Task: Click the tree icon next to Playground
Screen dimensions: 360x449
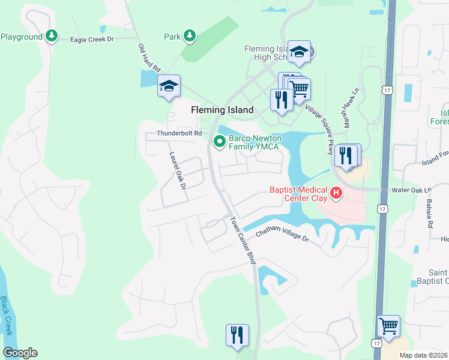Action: click(x=52, y=37)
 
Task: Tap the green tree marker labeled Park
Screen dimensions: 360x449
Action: click(x=190, y=37)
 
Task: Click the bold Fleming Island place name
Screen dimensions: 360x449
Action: click(x=222, y=110)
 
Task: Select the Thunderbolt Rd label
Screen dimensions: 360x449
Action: click(x=178, y=133)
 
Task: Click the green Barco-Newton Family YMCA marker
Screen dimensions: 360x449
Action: click(x=219, y=142)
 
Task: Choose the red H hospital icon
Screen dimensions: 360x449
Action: click(x=337, y=193)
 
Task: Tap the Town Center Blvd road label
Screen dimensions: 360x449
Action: click(x=243, y=238)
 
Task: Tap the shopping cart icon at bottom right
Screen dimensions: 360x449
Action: click(x=388, y=326)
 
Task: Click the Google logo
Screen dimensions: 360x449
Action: click(x=20, y=353)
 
